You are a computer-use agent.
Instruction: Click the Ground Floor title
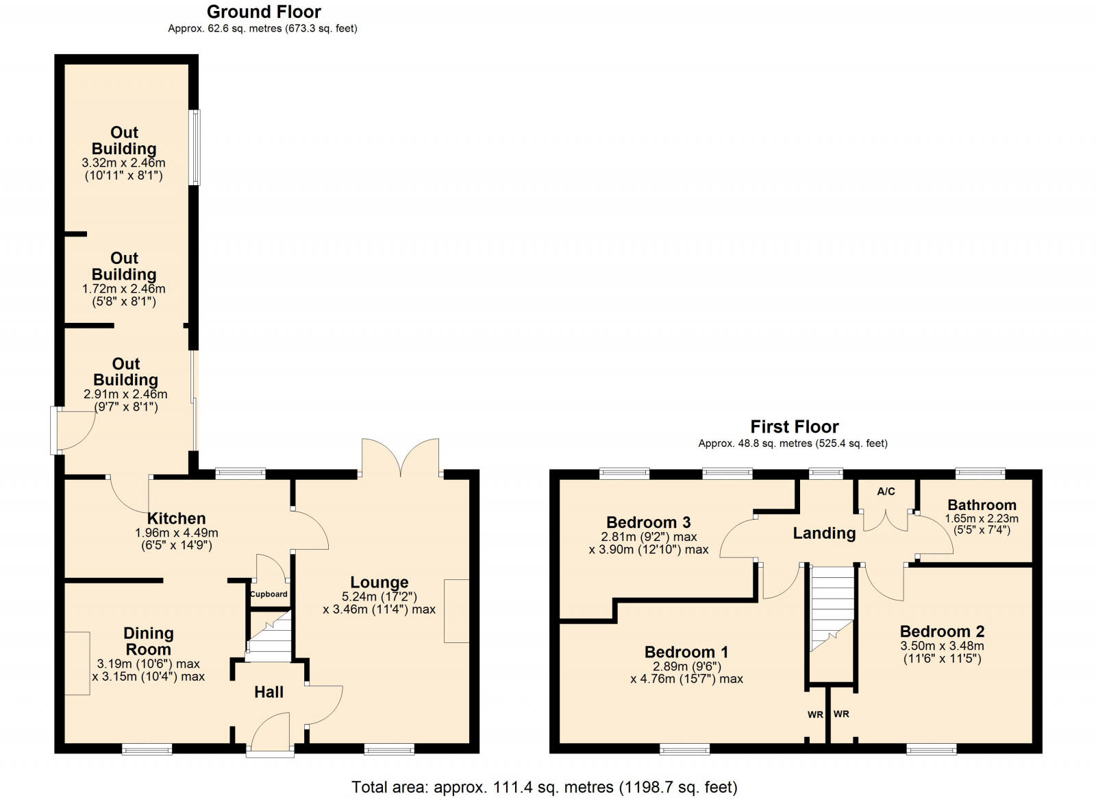(264, 12)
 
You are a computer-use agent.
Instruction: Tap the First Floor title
(794, 426)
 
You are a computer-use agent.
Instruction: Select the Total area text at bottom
(544, 787)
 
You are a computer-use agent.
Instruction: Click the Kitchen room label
(176, 518)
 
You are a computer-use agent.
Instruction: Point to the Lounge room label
(379, 583)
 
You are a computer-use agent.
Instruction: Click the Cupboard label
(269, 594)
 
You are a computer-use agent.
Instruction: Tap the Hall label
(269, 692)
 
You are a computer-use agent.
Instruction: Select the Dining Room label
(148, 641)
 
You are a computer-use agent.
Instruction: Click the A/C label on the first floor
(886, 492)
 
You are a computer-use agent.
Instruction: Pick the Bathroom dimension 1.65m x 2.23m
(982, 519)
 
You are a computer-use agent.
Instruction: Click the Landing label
(824, 533)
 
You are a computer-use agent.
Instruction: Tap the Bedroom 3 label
(648, 522)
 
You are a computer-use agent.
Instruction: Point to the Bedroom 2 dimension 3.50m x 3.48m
(942, 646)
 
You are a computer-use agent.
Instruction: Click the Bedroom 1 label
(686, 652)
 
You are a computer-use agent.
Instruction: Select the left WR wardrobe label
(814, 714)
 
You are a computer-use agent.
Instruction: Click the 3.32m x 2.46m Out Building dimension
(124, 163)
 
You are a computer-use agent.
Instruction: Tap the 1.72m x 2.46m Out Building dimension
(124, 289)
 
